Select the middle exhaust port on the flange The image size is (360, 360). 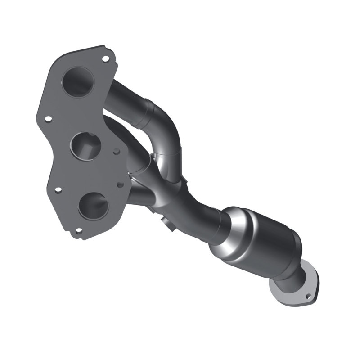[x=86, y=145]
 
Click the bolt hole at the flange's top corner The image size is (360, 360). [x=105, y=58]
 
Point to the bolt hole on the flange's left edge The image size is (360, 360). [x=48, y=119]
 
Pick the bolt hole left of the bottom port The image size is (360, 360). [x=58, y=190]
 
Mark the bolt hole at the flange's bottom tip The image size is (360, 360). [x=79, y=231]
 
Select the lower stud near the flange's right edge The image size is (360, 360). [x=120, y=184]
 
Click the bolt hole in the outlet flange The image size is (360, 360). [x=308, y=297]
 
